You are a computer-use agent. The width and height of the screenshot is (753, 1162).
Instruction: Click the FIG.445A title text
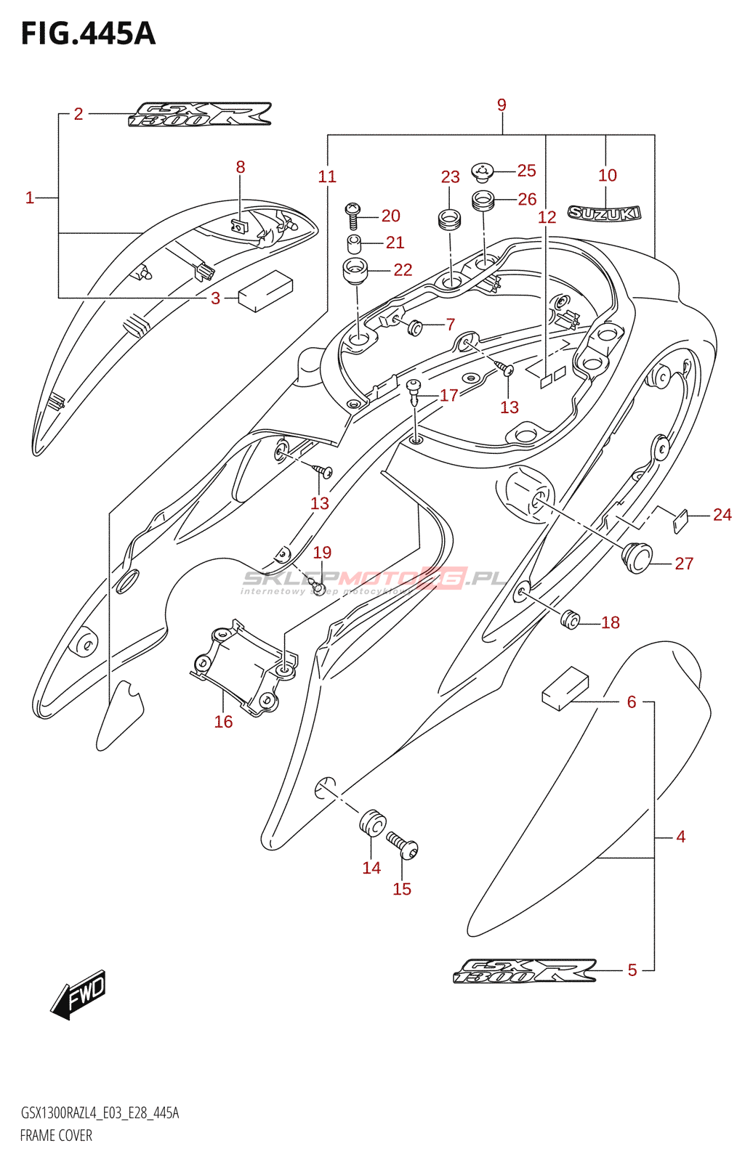pos(88,33)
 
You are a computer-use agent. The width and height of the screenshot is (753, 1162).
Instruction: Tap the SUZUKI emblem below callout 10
pos(604,213)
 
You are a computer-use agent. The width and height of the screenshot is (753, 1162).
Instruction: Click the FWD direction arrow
pos(79,993)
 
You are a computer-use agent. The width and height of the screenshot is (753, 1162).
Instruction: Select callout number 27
pos(684,563)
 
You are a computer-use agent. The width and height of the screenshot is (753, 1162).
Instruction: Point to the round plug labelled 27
pos(637,557)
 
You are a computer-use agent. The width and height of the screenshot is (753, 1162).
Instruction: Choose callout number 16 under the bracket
pos(223,721)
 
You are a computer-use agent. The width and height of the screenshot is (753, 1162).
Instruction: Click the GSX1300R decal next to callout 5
pos(525,972)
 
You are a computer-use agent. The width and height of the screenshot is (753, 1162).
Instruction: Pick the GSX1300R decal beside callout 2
pos(200,115)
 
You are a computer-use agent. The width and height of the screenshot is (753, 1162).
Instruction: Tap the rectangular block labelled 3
pos(265,290)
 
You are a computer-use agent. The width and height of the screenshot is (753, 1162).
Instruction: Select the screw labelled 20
pos(353,216)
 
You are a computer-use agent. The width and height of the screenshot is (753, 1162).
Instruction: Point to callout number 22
pos(403,269)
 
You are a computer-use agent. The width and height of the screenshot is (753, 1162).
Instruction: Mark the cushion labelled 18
pos(571,619)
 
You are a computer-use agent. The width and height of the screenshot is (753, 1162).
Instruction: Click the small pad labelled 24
pos(680,520)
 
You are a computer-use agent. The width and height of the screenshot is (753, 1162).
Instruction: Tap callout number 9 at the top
pos(502,105)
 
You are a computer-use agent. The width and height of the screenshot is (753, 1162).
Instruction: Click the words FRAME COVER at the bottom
pos(56,1135)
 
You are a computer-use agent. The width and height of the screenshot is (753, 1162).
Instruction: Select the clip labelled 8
pos(241,225)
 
